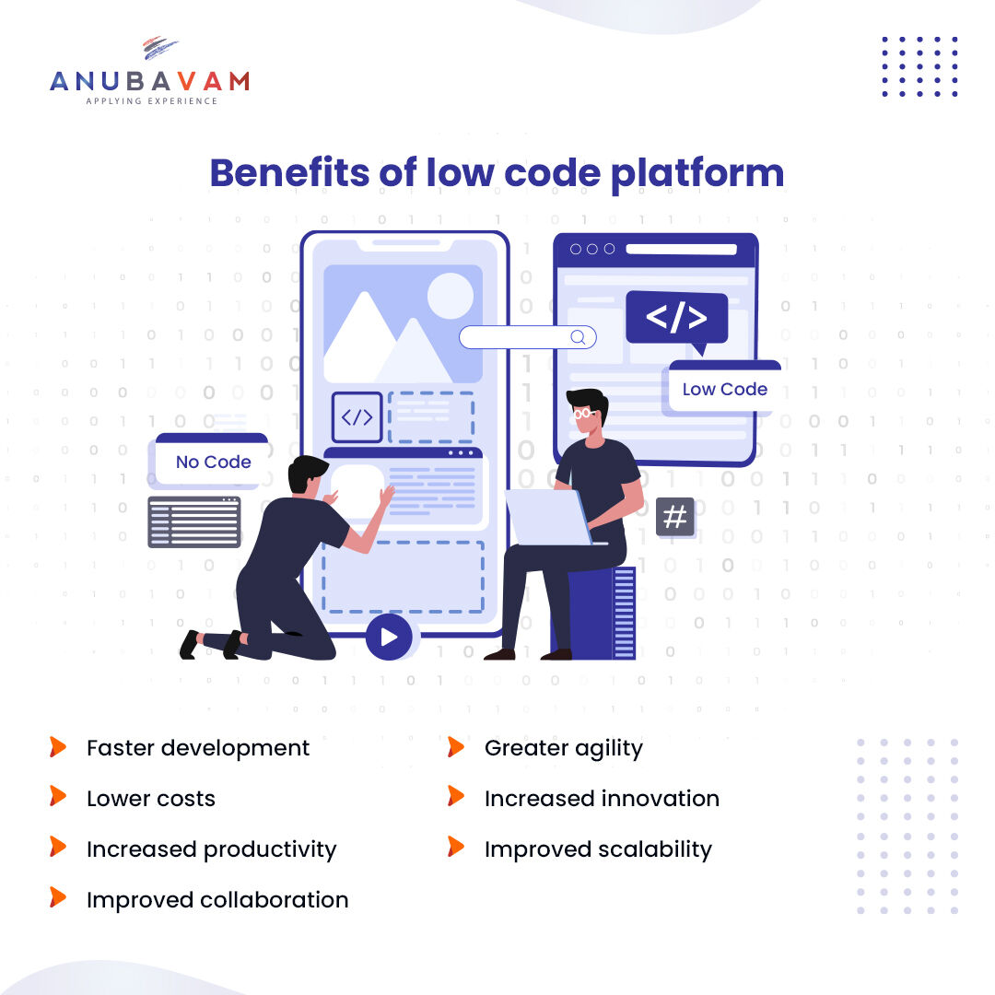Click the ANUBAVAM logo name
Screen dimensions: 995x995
tap(149, 81)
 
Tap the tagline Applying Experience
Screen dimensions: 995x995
tap(151, 101)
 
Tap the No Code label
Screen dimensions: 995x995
tap(213, 462)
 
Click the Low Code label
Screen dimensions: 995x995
tap(724, 389)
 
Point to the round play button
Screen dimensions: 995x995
tap(388, 637)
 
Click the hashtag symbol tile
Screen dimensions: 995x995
tap(675, 517)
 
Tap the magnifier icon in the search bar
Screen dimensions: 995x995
tap(578, 337)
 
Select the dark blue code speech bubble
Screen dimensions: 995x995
tap(676, 319)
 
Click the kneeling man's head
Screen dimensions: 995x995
tap(307, 474)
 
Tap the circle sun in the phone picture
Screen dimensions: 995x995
tap(450, 296)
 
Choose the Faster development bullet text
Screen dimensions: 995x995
tap(198, 748)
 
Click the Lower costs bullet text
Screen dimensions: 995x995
tap(150, 799)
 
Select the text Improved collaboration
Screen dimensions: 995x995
tap(217, 900)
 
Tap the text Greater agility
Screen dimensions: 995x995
tap(563, 748)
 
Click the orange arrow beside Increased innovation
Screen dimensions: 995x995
tap(456, 796)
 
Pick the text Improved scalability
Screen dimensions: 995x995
tap(598, 849)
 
